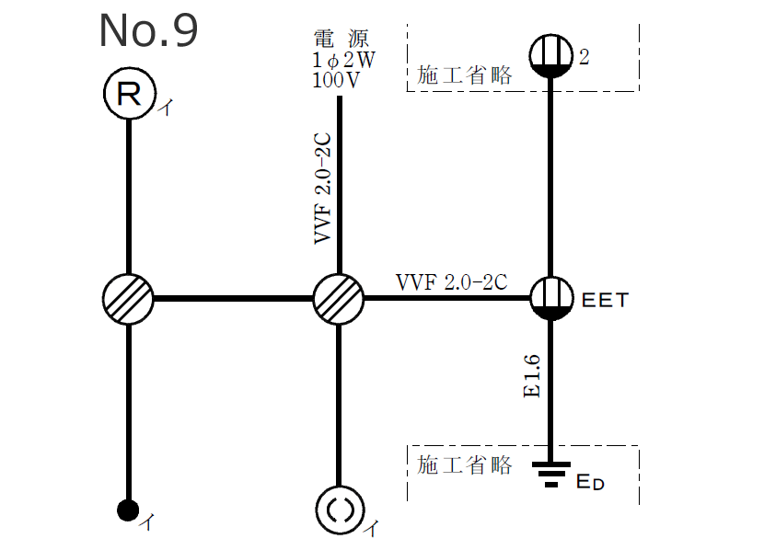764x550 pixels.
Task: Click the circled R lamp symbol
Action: coord(129,95)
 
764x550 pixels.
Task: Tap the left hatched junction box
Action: coord(129,299)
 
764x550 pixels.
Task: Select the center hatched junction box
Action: coord(339,299)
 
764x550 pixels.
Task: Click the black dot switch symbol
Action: coord(129,509)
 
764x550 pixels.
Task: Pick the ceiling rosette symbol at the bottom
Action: coord(339,509)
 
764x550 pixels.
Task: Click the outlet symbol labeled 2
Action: coord(551,55)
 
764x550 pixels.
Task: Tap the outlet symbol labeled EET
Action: coord(551,299)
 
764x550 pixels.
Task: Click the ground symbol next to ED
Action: coord(551,474)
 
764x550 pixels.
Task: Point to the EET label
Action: coord(603,300)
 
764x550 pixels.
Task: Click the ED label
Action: coord(590,482)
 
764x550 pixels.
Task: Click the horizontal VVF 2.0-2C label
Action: coord(451,281)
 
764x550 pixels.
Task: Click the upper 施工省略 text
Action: coord(464,75)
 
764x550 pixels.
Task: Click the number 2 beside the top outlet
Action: coord(584,58)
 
